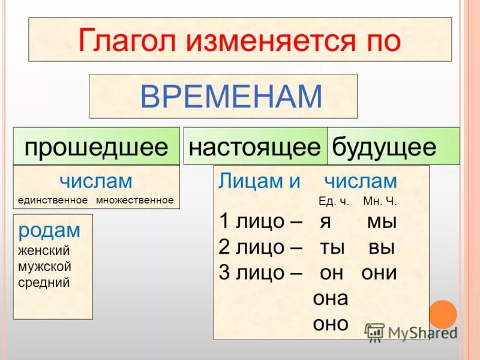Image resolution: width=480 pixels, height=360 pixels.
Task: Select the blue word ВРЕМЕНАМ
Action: coord(231,97)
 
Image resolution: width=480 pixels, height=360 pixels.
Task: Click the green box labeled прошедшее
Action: coord(97,146)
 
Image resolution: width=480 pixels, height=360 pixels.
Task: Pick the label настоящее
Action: coord(255,146)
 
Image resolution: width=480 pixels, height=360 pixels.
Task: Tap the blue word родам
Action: coord(49,230)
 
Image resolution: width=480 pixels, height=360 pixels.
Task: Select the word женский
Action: coord(44,251)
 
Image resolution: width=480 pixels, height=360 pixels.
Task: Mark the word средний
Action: coord(44,282)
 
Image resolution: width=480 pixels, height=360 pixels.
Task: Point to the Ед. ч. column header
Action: coord(334,202)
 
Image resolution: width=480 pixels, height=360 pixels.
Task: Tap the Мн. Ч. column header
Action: coord(380,202)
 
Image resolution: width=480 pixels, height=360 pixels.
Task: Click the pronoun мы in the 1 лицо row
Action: coord(382,221)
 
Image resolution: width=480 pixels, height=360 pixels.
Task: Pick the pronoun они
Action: coord(379,273)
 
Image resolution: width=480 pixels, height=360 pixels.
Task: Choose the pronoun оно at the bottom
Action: coord(331,324)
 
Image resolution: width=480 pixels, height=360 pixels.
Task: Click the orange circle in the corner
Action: coord(442,314)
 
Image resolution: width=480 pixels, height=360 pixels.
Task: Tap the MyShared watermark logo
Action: coord(411,332)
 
